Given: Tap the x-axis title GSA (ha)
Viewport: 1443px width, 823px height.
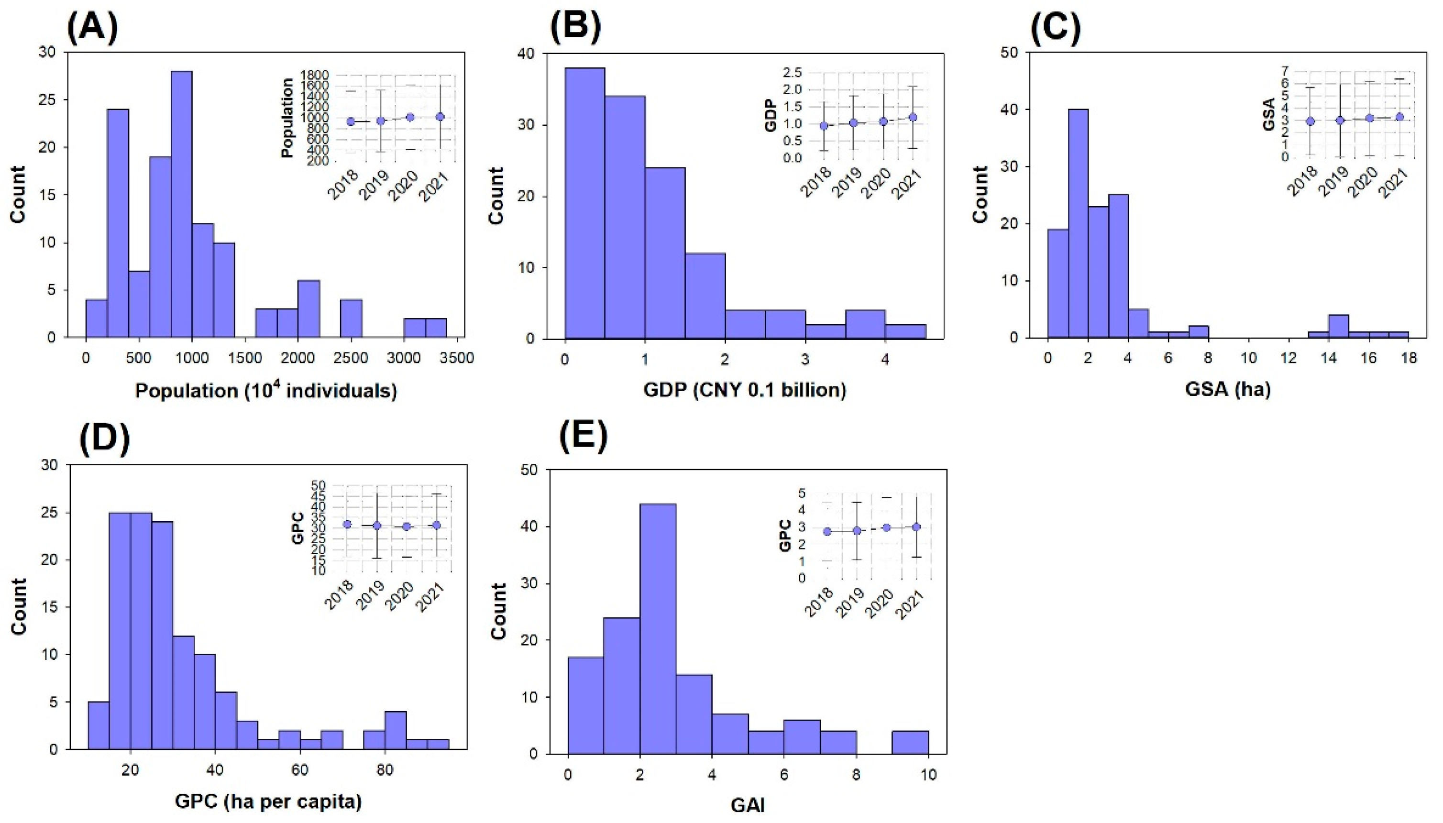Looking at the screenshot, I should click(x=1228, y=389).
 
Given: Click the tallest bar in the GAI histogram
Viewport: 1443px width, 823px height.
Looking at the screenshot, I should click(x=658, y=628).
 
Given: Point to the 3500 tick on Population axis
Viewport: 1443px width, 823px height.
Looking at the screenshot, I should click(x=457, y=358).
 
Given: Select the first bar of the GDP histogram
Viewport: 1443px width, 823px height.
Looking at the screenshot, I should click(x=585, y=204).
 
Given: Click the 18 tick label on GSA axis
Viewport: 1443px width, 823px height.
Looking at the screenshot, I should click(x=1409, y=358).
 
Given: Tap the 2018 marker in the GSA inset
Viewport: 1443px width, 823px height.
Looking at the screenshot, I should click(x=1310, y=121).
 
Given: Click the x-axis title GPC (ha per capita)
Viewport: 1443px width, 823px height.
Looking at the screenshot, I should click(x=268, y=801).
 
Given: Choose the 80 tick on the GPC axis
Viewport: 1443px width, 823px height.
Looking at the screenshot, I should click(x=385, y=770).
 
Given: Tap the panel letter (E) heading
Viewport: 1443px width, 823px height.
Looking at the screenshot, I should click(x=584, y=438).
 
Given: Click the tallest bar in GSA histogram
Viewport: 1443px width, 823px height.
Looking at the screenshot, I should click(x=1078, y=223).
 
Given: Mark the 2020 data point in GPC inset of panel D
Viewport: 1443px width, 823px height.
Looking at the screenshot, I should click(x=407, y=526).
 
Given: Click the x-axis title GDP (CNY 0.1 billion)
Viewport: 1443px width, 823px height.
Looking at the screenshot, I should click(x=744, y=389).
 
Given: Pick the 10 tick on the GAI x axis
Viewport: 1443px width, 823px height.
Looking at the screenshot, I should click(x=927, y=774).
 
